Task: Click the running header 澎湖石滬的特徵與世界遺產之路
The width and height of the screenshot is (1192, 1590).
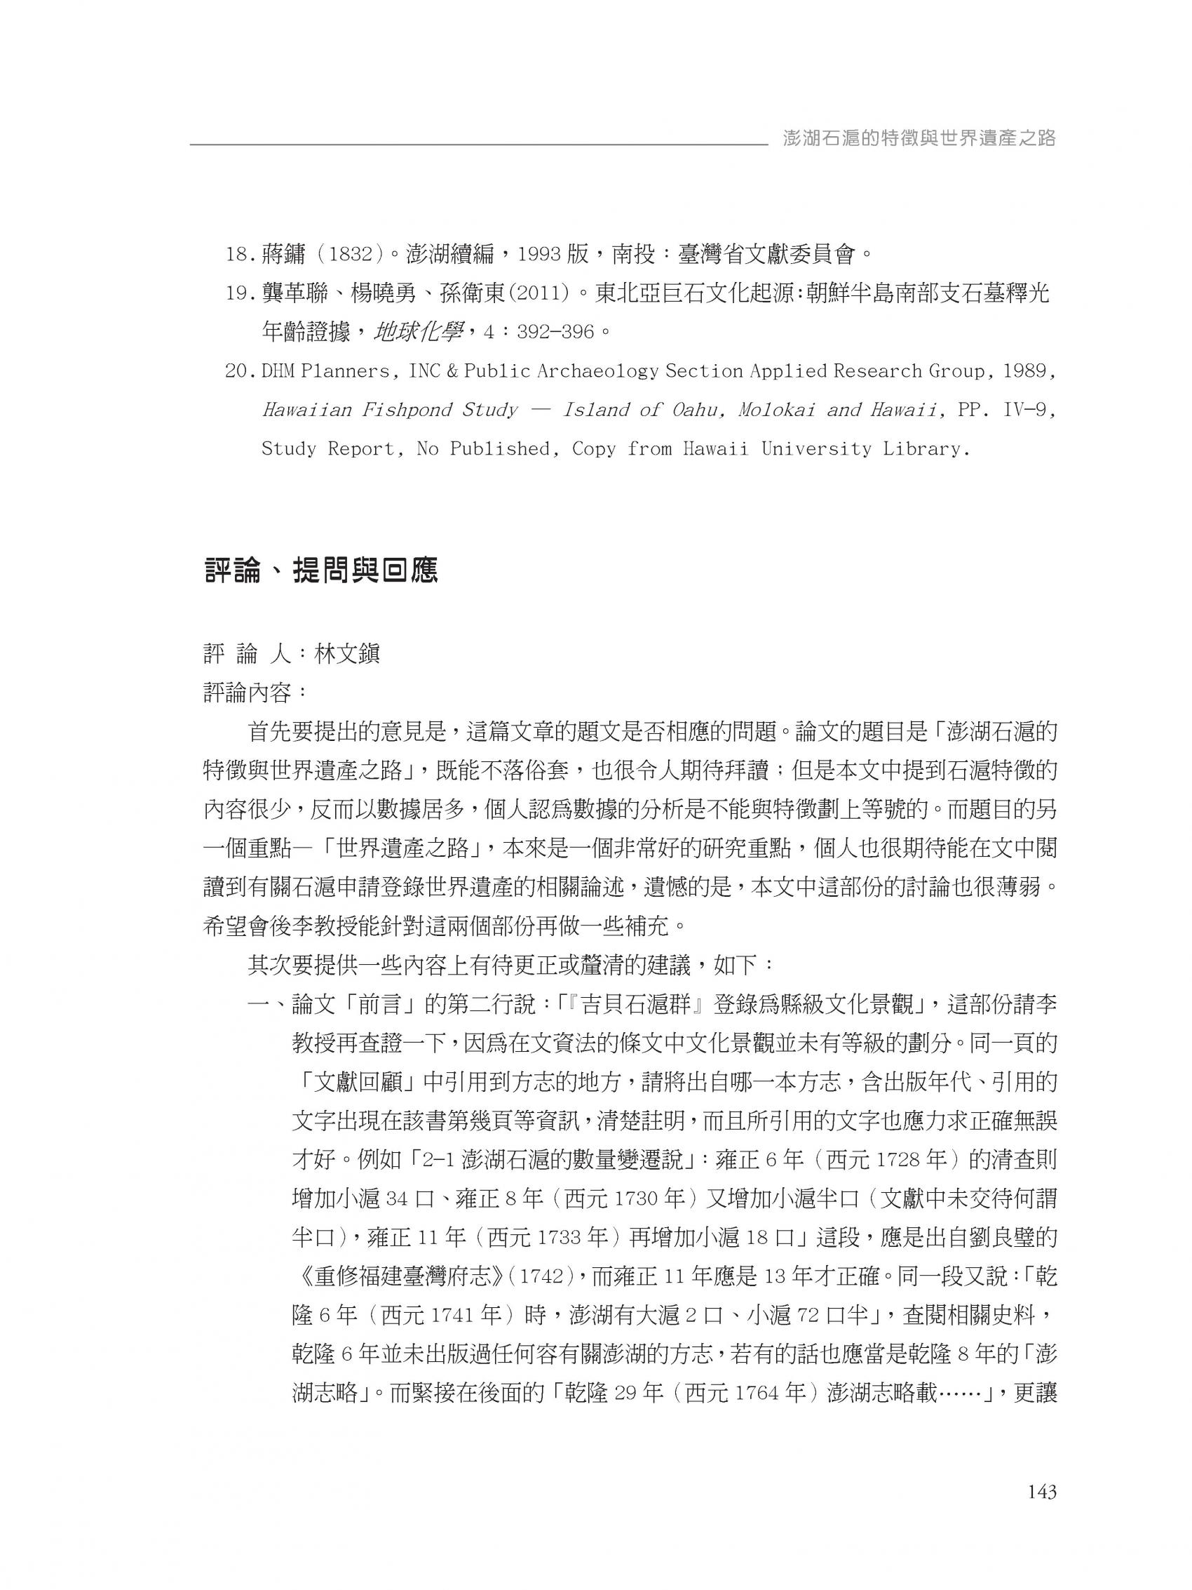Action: click(x=920, y=139)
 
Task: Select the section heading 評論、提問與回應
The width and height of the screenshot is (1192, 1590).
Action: click(x=320, y=571)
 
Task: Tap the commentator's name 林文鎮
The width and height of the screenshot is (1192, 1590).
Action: click(x=348, y=654)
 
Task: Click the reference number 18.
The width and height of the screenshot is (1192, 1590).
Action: click(x=237, y=254)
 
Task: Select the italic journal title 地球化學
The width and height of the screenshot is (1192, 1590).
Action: click(x=419, y=332)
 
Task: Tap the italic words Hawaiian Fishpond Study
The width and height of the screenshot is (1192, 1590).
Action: click(x=388, y=410)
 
